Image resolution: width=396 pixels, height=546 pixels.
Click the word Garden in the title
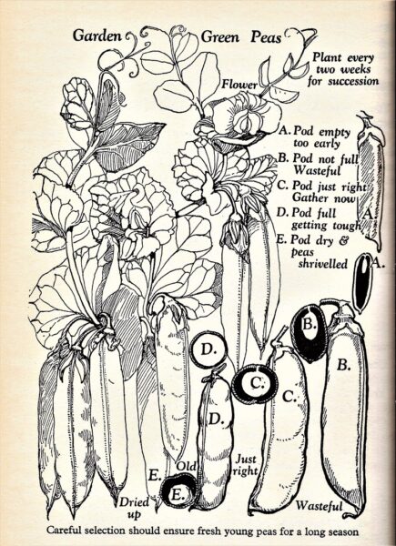tap(97, 35)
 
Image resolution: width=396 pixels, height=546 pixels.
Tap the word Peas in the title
tap(266, 37)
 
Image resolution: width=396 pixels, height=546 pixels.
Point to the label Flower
tap(240, 85)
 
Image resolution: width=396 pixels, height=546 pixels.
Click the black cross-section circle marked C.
tap(255, 384)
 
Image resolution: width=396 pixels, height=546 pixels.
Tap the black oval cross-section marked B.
tap(310, 334)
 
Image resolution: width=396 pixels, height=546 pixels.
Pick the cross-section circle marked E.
tap(179, 491)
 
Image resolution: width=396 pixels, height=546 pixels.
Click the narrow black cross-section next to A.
tap(362, 282)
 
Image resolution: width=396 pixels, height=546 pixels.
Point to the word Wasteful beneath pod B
tap(319, 505)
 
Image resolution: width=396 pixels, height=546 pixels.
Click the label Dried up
tap(135, 508)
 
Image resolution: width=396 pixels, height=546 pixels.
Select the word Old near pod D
tap(187, 466)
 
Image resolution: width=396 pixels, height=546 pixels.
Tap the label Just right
tap(246, 465)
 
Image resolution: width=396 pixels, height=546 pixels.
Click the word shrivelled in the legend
tap(323, 264)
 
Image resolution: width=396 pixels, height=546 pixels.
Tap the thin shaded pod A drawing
tap(371, 181)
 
